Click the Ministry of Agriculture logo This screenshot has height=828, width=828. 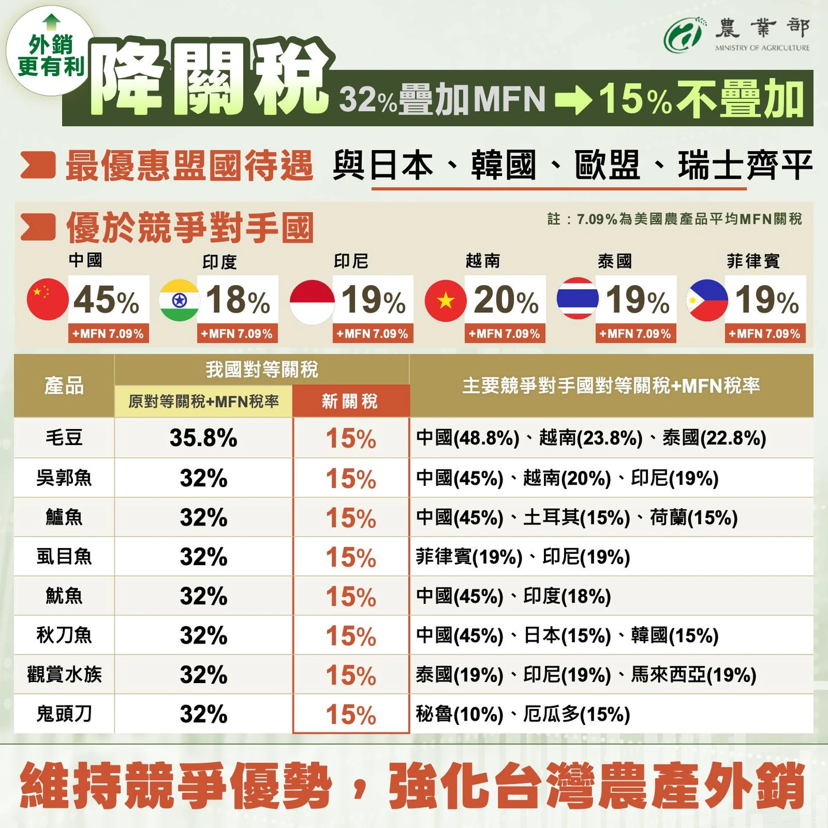tap(683, 35)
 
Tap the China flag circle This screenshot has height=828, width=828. tap(47, 299)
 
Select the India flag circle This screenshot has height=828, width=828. tap(179, 300)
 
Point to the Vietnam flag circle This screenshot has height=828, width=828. tap(445, 300)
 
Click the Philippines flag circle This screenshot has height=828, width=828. tap(707, 300)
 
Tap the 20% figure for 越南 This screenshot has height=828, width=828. tap(506, 300)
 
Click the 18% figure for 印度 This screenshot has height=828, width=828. tap(238, 300)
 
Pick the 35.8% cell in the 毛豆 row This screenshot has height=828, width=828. tap(204, 438)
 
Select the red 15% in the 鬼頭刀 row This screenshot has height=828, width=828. tap(351, 715)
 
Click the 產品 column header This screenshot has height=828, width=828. tap(64, 385)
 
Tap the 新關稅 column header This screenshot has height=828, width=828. tap(350, 401)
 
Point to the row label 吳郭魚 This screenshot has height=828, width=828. tap(64, 478)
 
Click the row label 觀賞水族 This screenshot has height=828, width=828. tap(64, 674)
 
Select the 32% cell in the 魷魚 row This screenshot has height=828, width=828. tap(204, 596)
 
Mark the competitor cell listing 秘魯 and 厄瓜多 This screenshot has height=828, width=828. tap(523, 715)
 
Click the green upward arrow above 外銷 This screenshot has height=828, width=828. tap(51, 22)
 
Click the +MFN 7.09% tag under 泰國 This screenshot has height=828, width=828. tap(635, 334)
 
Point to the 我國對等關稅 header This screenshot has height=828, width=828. tap(262, 369)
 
